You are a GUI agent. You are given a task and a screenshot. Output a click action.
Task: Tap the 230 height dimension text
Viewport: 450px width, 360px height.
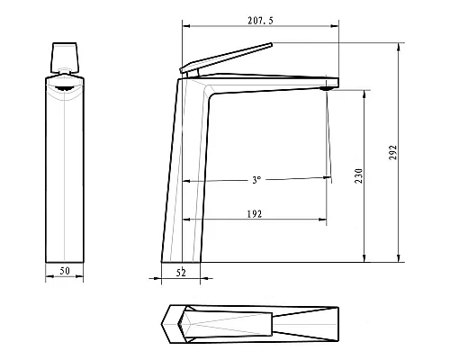[x=358, y=176]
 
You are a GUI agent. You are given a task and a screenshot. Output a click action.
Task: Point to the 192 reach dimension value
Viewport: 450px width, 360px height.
[x=256, y=213]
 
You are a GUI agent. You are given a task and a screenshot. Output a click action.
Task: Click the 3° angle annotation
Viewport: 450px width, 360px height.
[x=256, y=180]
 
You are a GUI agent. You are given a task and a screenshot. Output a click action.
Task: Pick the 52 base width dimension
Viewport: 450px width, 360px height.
[x=182, y=270]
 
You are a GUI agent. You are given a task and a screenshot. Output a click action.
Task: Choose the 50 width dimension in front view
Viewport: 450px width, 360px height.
[x=64, y=270]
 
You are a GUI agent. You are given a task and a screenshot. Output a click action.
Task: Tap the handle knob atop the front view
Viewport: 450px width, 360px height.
[x=65, y=57]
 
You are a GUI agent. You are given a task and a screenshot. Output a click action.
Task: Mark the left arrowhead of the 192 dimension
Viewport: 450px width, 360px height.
[x=185, y=220]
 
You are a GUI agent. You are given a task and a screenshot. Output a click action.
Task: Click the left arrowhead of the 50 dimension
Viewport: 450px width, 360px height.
[x=48, y=277]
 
